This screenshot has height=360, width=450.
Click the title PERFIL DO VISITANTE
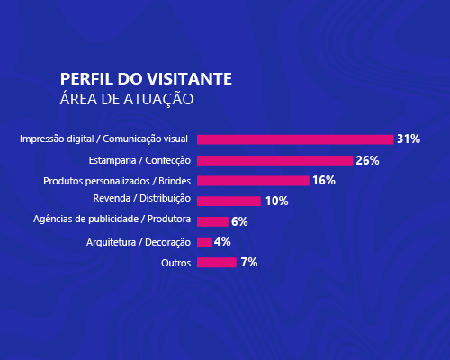point(146,78)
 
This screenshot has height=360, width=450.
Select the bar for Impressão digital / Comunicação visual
point(295,139)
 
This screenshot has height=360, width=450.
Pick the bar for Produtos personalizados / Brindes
point(253,181)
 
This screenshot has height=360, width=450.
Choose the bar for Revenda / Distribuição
point(229,201)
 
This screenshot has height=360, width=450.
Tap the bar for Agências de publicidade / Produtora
point(212,221)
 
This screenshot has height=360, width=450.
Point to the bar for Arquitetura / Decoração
point(204,242)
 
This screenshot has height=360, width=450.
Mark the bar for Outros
point(216,263)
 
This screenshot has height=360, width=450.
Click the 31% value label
point(409,139)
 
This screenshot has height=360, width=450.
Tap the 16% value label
point(324,181)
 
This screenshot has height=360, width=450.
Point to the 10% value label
point(276,201)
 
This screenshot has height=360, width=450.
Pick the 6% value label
point(239,221)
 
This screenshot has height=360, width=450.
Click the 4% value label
point(223,242)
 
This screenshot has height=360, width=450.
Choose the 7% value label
point(249,263)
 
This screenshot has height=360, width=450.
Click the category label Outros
point(176,263)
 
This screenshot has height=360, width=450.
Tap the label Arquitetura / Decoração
point(139,241)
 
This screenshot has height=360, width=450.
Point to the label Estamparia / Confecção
point(139,160)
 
